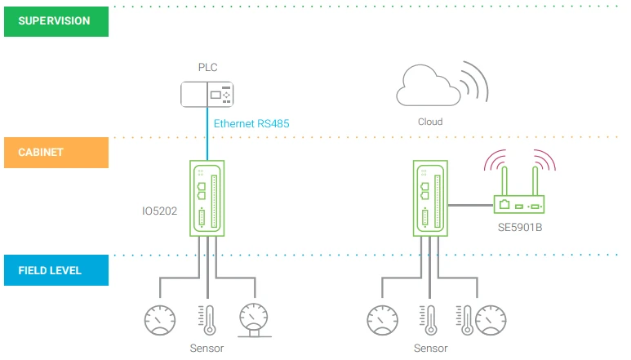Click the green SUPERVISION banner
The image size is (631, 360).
pos(56,21)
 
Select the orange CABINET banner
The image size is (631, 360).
pos(56,153)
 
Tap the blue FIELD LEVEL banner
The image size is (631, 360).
pos(56,270)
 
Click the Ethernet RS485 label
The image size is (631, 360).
pos(251,124)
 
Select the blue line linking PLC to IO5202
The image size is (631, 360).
pos(207,135)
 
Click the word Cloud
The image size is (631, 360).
pos(429,122)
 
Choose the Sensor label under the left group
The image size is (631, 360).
pos(207,348)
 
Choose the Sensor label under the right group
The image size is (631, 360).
pos(430,348)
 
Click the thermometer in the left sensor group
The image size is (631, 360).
pos(207,319)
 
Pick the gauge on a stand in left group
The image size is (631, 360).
pos(255,320)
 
